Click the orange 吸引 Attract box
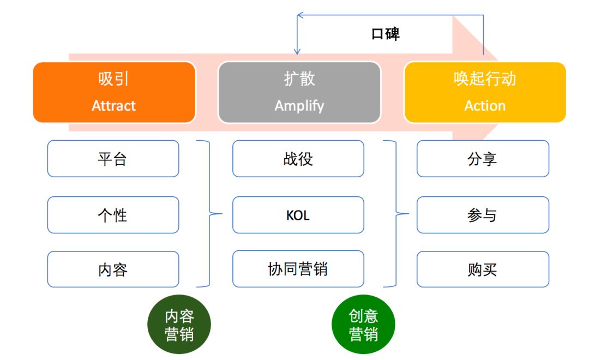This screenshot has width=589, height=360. click(114, 92)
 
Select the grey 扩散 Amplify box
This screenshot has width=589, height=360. click(299, 92)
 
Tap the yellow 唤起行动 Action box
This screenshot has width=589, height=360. click(485, 92)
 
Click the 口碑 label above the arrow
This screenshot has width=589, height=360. click(386, 34)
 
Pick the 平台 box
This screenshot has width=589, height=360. click(113, 159)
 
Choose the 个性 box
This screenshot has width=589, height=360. click(113, 215)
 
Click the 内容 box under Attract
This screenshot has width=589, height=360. click(113, 269)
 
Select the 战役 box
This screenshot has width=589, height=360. click(298, 159)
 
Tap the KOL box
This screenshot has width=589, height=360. click(298, 215)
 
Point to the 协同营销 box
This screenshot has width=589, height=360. click(298, 269)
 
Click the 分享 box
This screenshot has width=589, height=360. click(483, 159)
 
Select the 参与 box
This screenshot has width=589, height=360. click(483, 215)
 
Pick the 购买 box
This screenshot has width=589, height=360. click(483, 269)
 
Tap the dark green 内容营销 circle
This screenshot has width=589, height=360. click(179, 326)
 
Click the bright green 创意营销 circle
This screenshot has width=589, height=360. click(363, 326)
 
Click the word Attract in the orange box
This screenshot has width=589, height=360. click(114, 105)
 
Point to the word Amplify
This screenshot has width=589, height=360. click(299, 105)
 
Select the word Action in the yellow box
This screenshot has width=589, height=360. click(485, 105)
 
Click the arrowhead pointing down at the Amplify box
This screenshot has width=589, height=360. click(297, 51)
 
